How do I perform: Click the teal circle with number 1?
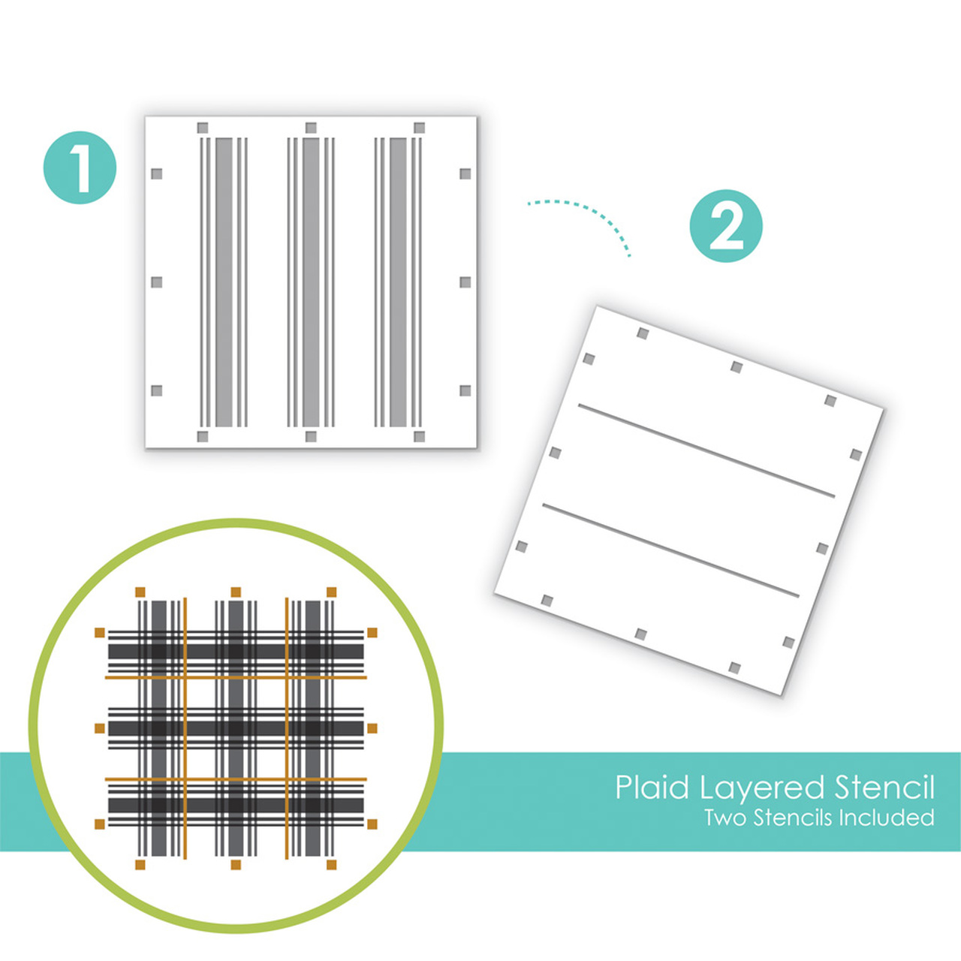(x=80, y=167)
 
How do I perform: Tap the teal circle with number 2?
(x=726, y=226)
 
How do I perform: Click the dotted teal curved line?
(x=593, y=212)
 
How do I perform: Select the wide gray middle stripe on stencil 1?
(x=311, y=282)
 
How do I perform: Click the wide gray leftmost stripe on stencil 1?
(x=224, y=282)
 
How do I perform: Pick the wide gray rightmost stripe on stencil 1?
(x=398, y=282)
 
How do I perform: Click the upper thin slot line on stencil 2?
(x=706, y=450)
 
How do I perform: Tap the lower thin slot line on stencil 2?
(x=670, y=550)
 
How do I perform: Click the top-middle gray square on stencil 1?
(x=311, y=128)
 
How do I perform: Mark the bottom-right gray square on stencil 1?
(x=420, y=437)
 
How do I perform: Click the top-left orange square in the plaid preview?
(x=140, y=592)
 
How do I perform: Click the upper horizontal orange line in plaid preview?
(x=236, y=678)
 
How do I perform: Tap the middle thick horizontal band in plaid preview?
(x=236, y=728)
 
